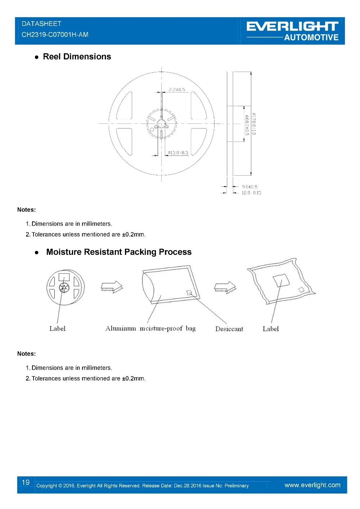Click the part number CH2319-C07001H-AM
pos(55,35)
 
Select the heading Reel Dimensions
pos(77,57)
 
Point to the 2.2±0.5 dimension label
pos(177,90)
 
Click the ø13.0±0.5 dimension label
pos(178,153)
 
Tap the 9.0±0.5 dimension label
pos(249,186)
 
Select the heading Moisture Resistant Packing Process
pos(119,252)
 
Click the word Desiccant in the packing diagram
pos(229,329)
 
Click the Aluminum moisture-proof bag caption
pos(150,328)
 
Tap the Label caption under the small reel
pos(57,328)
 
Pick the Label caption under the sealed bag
pos(270,329)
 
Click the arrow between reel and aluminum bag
pos(112,287)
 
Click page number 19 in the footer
pos(26,482)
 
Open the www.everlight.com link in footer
pos(312,485)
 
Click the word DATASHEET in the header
pos(41,24)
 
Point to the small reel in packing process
pos(65,287)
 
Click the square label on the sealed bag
pos(281,280)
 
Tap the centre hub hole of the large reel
pos(161,123)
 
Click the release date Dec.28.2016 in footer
pos(187,486)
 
